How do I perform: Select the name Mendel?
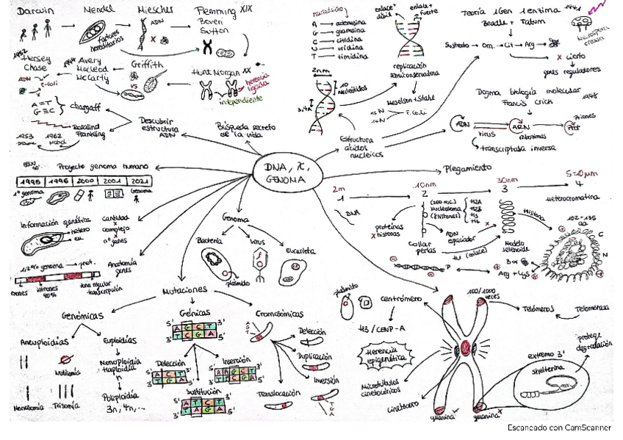(x=99, y=11)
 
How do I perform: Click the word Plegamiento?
(x=467, y=167)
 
